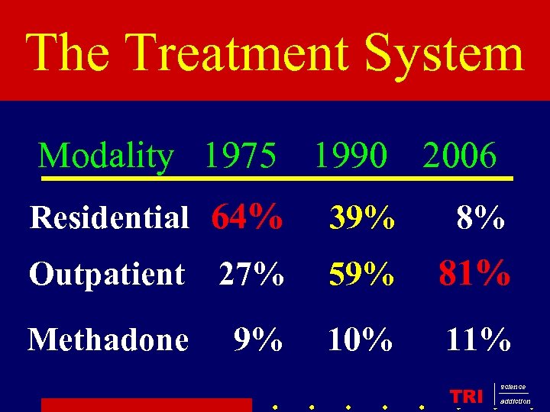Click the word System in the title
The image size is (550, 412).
[x=445, y=53]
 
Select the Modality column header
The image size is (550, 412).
[x=106, y=156]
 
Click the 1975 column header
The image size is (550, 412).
[x=240, y=156]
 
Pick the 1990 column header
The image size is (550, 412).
[x=351, y=156]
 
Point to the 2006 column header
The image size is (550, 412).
[x=460, y=156]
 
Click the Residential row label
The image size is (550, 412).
[x=108, y=218]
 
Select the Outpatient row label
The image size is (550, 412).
[x=107, y=274]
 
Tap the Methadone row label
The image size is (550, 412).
[x=108, y=339]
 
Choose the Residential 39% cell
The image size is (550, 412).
[x=362, y=220]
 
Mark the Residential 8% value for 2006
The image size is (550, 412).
[x=480, y=220]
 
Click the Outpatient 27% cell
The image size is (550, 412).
[x=251, y=274]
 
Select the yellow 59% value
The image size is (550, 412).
[x=361, y=275]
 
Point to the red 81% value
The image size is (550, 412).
[x=474, y=273]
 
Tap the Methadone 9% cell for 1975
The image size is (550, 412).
[x=258, y=339]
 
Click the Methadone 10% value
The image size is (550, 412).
[x=360, y=339]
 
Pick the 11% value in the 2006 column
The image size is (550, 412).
[x=478, y=339]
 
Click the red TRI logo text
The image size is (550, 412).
[x=466, y=396]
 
